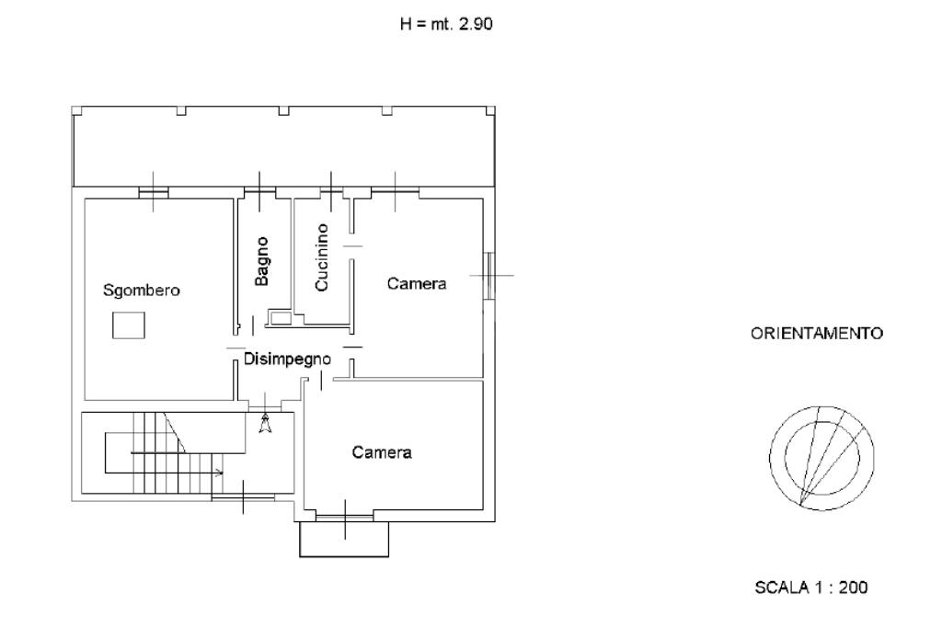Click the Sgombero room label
(142, 291)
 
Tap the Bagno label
(262, 261)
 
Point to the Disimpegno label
(287, 359)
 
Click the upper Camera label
(416, 284)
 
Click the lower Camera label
(382, 452)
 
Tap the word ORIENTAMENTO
(817, 334)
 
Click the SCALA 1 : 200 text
(810, 587)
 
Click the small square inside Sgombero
(128, 325)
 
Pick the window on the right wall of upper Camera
(490, 275)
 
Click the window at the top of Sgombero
(153, 192)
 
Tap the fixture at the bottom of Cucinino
(279, 318)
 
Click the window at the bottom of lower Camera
(344, 518)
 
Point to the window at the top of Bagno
(260, 191)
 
